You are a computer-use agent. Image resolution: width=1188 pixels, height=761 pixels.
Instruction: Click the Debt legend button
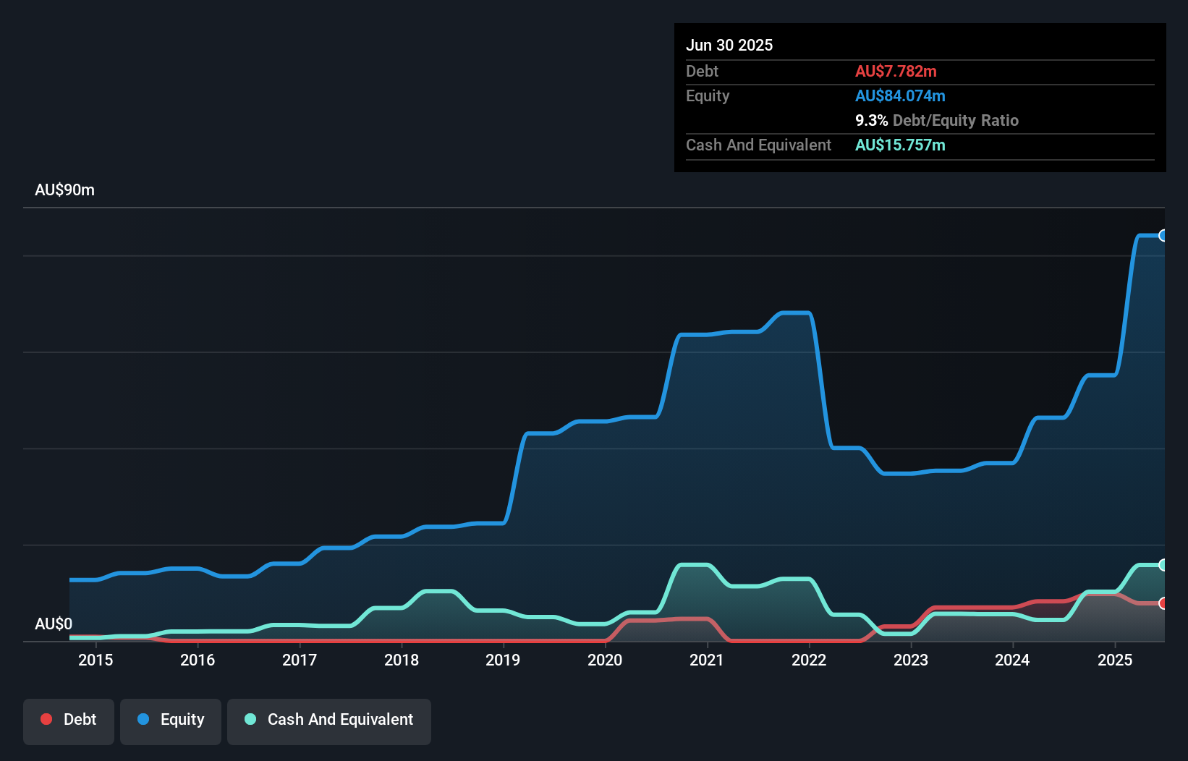[x=69, y=720]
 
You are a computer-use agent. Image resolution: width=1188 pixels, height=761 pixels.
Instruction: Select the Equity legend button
[x=171, y=720]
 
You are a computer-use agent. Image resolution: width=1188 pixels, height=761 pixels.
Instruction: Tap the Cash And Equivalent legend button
[x=329, y=720]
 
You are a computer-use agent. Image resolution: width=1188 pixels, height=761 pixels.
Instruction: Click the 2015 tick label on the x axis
[x=96, y=660]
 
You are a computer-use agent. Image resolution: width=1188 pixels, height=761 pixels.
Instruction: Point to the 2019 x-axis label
[x=503, y=660]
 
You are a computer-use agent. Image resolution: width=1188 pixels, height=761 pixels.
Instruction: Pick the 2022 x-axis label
[x=808, y=660]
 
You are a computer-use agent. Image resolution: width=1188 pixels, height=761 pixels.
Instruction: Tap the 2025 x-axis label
[x=1114, y=660]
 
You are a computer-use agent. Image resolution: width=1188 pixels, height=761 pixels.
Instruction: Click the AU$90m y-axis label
[x=64, y=190]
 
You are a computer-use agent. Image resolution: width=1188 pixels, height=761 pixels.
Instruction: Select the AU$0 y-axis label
[x=54, y=624]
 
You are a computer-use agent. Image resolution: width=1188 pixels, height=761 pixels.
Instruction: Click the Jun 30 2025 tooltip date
[x=729, y=46]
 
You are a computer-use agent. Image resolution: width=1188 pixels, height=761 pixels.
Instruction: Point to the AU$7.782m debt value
[x=896, y=72]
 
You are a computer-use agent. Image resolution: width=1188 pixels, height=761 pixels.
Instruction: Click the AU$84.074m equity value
[x=900, y=96]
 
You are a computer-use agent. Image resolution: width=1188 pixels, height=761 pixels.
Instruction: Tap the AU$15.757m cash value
[x=900, y=145]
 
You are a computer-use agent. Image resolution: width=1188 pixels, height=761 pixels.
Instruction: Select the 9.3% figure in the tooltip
[x=871, y=121]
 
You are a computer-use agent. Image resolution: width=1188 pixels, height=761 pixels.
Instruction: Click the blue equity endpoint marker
[x=1163, y=235]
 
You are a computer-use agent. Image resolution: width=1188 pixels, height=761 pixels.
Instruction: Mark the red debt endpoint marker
[x=1163, y=603]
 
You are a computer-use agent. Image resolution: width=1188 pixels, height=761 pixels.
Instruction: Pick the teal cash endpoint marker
[x=1163, y=564]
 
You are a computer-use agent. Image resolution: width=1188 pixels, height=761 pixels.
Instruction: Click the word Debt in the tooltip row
[x=702, y=72]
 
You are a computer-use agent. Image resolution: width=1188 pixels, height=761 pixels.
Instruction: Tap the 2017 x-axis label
[x=300, y=660]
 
